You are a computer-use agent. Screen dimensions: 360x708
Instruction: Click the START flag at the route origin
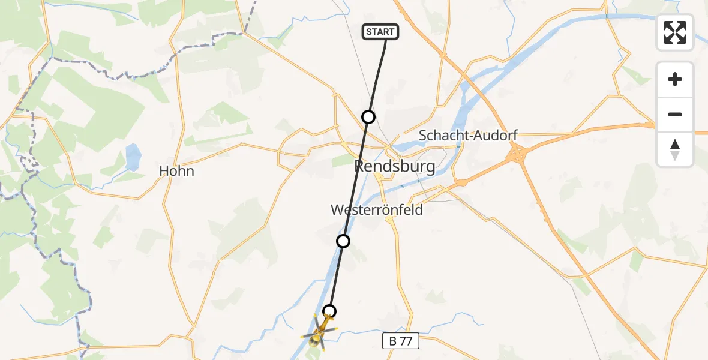pos(380,32)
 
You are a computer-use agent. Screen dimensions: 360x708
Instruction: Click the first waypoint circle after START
pos(368,117)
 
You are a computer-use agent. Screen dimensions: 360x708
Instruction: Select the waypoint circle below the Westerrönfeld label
pos(343,241)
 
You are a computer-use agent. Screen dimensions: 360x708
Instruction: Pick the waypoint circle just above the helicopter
pos(329,311)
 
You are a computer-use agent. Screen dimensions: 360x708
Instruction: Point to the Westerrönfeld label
pos(377,210)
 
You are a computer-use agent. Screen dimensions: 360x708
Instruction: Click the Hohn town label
pos(176,171)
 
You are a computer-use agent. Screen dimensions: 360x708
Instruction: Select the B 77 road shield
pos(400,341)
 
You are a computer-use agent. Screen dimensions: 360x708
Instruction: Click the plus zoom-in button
pos(675,79)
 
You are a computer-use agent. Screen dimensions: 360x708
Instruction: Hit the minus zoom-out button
pos(675,114)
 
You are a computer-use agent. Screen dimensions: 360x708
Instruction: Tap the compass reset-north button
pos(675,149)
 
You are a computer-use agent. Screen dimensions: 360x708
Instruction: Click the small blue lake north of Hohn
pos(133,157)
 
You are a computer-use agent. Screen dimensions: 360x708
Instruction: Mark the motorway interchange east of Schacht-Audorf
pos(516,155)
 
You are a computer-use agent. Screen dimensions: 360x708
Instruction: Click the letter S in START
pos(368,32)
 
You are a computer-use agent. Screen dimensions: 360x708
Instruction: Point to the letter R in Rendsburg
pos(361,166)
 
